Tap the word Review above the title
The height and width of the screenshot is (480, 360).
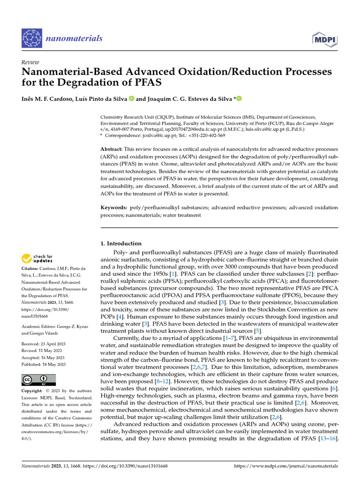pos(30,62)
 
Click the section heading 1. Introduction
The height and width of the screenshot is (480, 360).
pos(121,243)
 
